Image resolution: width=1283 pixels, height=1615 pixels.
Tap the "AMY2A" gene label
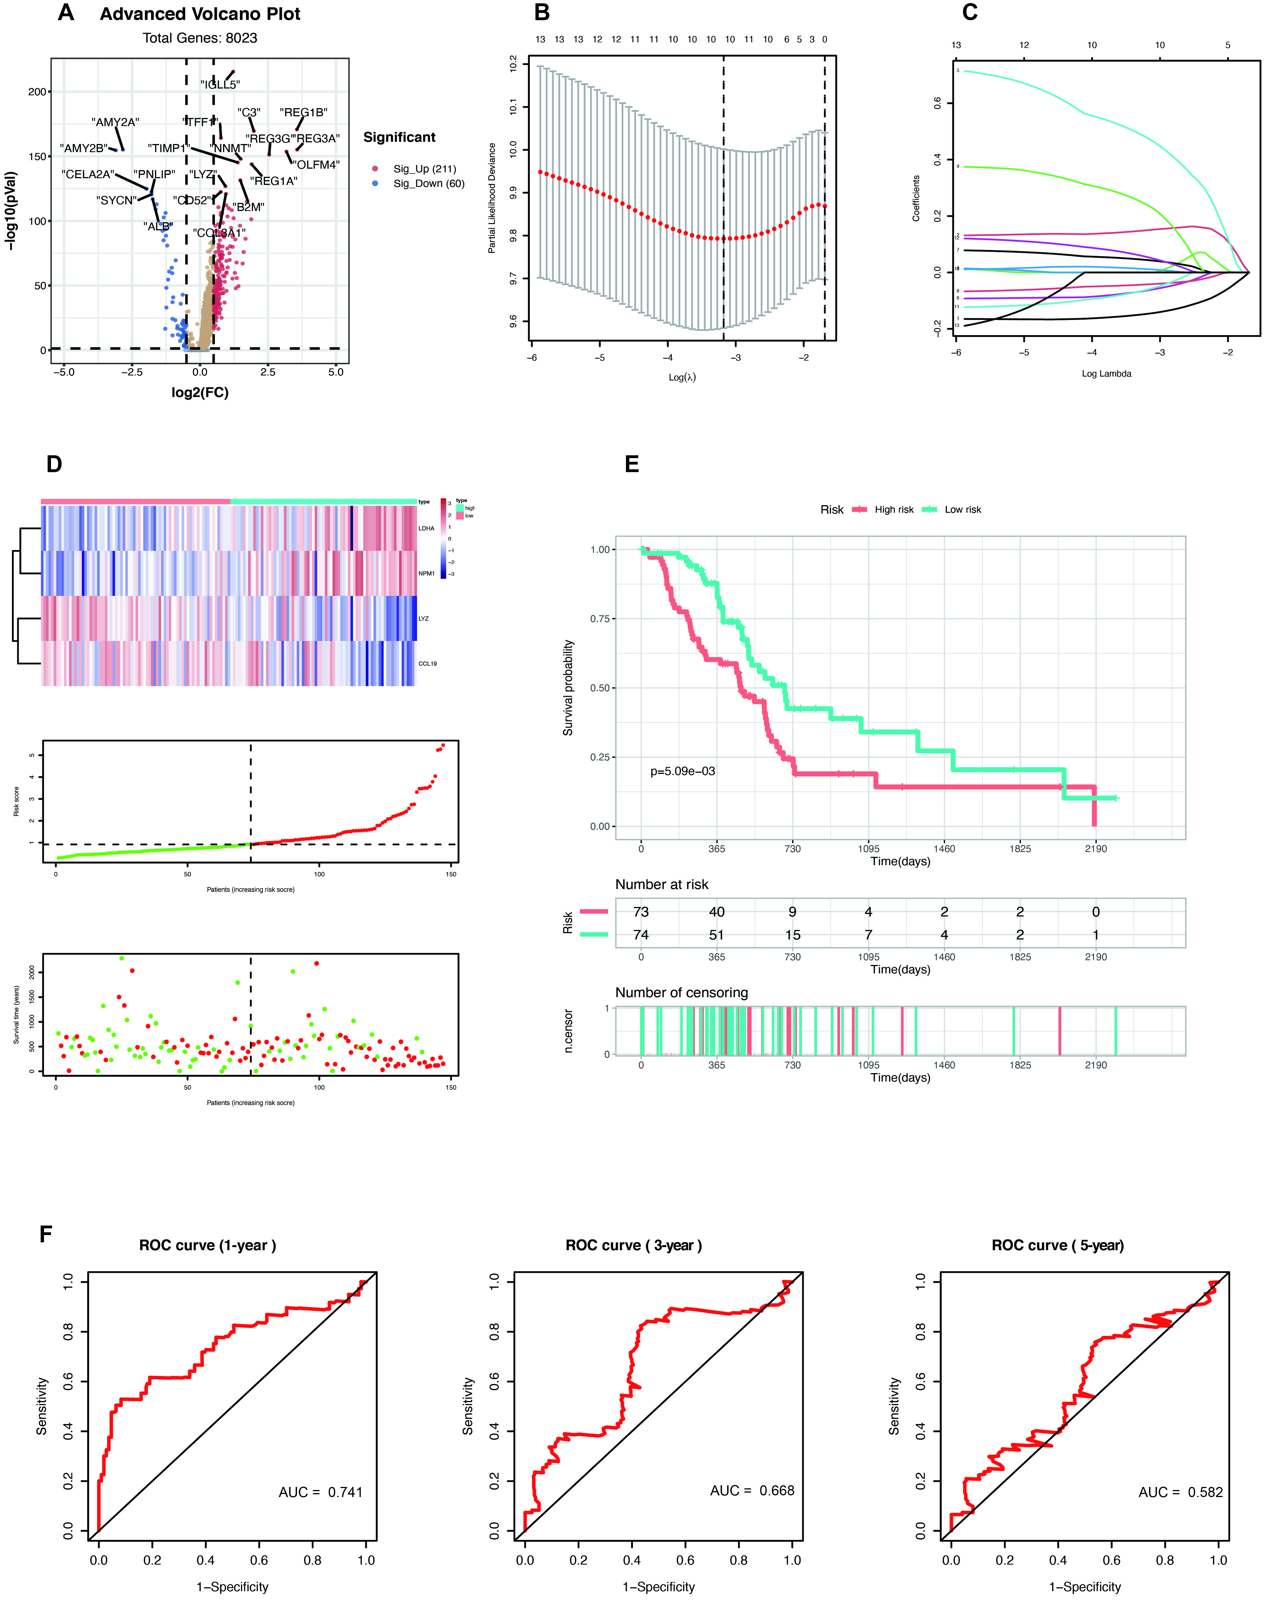pyautogui.click(x=115, y=122)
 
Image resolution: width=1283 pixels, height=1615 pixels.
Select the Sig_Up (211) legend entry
pyautogui.click(x=424, y=169)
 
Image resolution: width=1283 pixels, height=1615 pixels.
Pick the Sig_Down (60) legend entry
pyautogui.click(x=428, y=184)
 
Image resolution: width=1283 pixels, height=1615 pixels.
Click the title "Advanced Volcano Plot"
pyautogui.click(x=200, y=14)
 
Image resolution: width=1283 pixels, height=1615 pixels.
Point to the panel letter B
pyautogui.click(x=542, y=13)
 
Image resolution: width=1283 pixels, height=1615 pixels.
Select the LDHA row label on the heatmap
pyautogui.click(x=426, y=528)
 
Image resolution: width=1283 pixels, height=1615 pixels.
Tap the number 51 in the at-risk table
pyautogui.click(x=717, y=935)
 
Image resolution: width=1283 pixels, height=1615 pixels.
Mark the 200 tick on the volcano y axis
pyautogui.click(x=37, y=91)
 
